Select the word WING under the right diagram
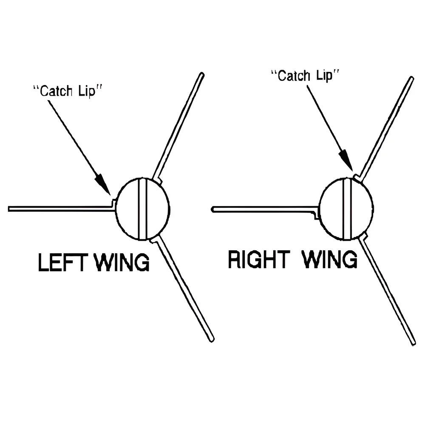[330, 259]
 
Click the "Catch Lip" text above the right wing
[306, 76]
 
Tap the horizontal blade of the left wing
[59, 208]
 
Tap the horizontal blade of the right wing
[263, 209]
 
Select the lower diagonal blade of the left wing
[183, 289]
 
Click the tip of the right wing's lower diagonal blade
[413, 341]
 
